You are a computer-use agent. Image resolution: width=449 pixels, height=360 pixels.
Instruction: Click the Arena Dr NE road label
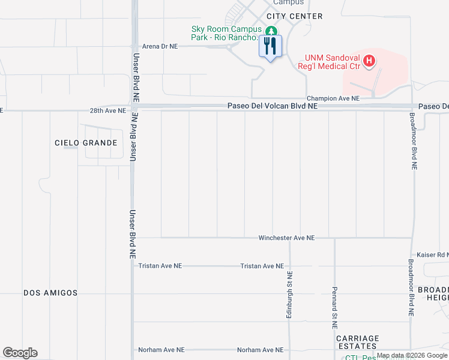pyautogui.click(x=160, y=46)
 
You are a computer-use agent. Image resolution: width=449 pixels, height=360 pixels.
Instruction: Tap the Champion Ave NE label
pyautogui.click(x=333, y=98)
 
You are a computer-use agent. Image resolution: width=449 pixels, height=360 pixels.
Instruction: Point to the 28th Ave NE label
pyautogui.click(x=108, y=111)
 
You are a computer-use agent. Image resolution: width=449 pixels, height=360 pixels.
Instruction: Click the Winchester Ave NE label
pyautogui.click(x=286, y=238)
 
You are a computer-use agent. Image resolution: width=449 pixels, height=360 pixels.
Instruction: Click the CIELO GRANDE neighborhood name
pyautogui.click(x=86, y=143)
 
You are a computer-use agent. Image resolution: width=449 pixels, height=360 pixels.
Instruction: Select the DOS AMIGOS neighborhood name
pyautogui.click(x=51, y=293)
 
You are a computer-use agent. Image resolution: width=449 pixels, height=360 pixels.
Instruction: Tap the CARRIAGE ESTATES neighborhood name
pyautogui.click(x=357, y=343)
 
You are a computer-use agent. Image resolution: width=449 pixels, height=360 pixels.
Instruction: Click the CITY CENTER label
pyautogui.click(x=295, y=16)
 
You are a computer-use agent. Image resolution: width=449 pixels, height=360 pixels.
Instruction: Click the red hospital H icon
pyautogui.click(x=370, y=61)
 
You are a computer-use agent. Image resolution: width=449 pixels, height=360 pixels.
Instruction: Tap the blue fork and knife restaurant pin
pyautogui.click(x=270, y=46)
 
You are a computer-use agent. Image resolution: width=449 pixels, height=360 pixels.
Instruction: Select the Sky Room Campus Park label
pyautogui.click(x=226, y=33)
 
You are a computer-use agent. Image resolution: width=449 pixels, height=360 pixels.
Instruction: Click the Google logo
pyautogui.click(x=20, y=353)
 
